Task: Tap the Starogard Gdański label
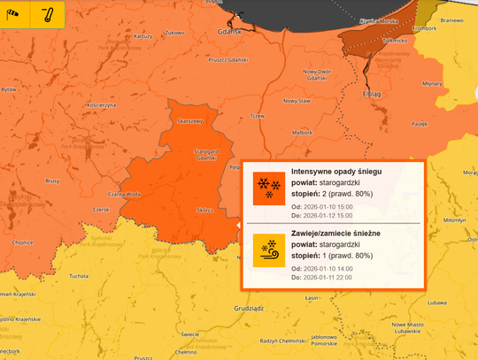(x=205, y=154)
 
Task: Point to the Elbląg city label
(x=372, y=92)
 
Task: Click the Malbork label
(x=302, y=132)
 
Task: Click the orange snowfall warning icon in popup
(x=265, y=188)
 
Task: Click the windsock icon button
(x=15, y=15)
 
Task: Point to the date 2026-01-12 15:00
(x=328, y=215)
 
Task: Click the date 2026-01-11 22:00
(x=328, y=277)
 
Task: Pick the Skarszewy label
(x=190, y=121)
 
